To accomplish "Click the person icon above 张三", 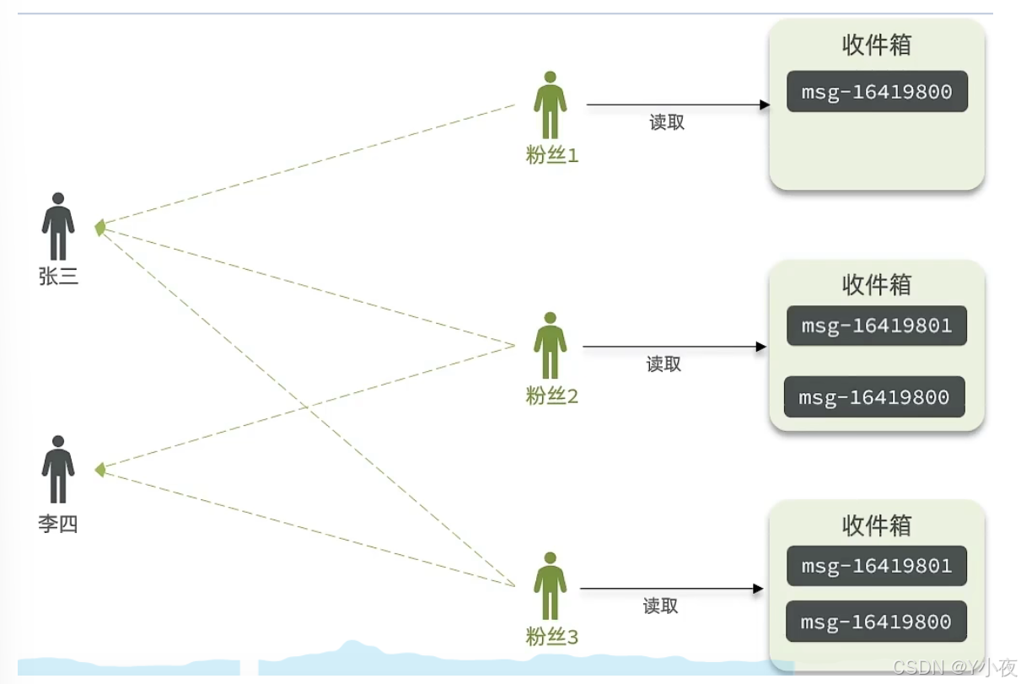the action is coord(58,226).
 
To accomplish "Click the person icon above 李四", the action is coord(58,469).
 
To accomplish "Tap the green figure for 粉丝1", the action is coord(551,105).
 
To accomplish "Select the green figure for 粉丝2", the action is coord(551,346).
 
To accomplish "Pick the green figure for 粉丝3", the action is coord(551,586).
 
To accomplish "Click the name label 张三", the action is coord(58,276).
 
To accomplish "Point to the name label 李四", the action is coord(58,524).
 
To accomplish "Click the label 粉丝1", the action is coord(552,156).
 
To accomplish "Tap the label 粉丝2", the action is coord(552,396).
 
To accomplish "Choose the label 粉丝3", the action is coord(552,637).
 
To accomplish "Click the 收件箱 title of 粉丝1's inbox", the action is coord(877,45).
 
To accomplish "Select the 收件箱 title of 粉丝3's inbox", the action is coord(877,525).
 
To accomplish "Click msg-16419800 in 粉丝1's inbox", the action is coord(877,92).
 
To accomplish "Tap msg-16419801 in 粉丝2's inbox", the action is coord(877,326).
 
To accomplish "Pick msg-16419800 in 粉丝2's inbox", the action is coord(874,397).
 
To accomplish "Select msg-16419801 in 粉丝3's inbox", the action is coord(877,566).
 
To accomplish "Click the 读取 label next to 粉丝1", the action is coord(667,122).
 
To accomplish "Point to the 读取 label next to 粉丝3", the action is coord(661,606).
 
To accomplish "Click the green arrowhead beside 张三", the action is coord(100,227).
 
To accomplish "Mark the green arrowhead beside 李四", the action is coord(100,469).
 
